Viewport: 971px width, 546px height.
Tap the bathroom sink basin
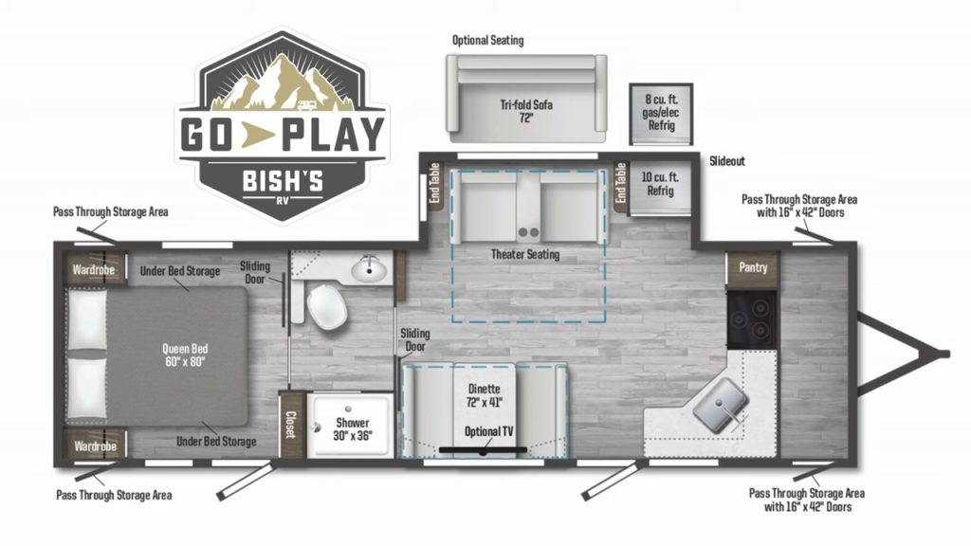tap(368, 271)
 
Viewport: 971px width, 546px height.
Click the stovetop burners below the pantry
tap(752, 318)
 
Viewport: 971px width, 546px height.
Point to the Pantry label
tap(753, 267)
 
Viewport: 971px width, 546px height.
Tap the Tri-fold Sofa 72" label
tap(525, 111)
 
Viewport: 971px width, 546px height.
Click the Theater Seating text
tap(524, 254)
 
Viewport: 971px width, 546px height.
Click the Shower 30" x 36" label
tap(352, 428)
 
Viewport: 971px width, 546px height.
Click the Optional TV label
tap(489, 431)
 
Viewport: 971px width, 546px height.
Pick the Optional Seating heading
tap(487, 41)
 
